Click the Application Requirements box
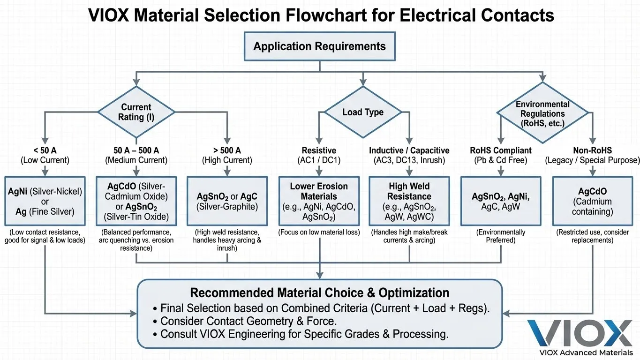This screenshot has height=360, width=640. pyautogui.click(x=319, y=46)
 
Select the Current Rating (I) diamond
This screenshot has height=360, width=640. pyautogui.click(x=136, y=112)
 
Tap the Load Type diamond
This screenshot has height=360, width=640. pyautogui.click(x=363, y=112)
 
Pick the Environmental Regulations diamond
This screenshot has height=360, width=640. pyautogui.click(x=542, y=114)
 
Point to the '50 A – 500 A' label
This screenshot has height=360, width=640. pyautogui.click(x=136, y=150)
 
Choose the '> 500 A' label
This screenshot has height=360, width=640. pyautogui.click(x=227, y=150)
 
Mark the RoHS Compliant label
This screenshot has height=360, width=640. pyautogui.click(x=500, y=150)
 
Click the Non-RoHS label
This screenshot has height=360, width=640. pyautogui.click(x=592, y=150)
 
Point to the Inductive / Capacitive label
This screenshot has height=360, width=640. pyautogui.click(x=409, y=150)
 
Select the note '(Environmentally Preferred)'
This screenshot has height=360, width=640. pyautogui.click(x=500, y=236)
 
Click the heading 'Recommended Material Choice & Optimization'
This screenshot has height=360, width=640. pyautogui.click(x=319, y=293)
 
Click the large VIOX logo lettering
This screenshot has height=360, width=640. pyautogui.click(x=580, y=332)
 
